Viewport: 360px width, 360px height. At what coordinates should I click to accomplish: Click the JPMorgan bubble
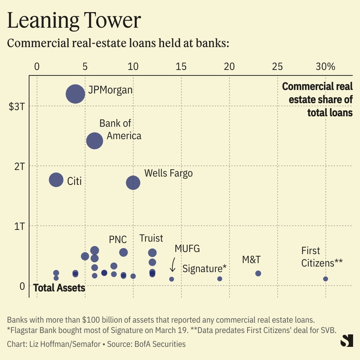coord(75,94)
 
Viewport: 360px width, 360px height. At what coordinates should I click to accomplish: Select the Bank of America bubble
coord(94,141)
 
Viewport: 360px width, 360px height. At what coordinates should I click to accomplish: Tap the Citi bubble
coord(56,180)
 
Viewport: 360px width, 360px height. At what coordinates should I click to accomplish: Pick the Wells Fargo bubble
coord(133,183)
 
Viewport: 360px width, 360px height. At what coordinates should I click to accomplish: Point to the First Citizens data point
coord(325,279)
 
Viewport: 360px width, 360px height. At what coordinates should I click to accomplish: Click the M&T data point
coord(258,273)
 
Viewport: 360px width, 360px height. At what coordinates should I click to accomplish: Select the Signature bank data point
coord(219,279)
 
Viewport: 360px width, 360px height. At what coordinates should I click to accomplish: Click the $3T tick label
coord(17,106)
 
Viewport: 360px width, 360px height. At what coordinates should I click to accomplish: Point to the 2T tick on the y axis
coord(19,166)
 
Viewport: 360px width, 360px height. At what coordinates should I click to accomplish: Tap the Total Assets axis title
coord(59,288)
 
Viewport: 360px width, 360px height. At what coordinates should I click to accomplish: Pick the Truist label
coord(151,238)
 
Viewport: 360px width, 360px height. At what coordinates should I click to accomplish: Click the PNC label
coord(118,239)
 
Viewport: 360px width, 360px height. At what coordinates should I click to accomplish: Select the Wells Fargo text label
coord(168,173)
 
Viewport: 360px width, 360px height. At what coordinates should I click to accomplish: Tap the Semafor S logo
coord(346,340)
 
